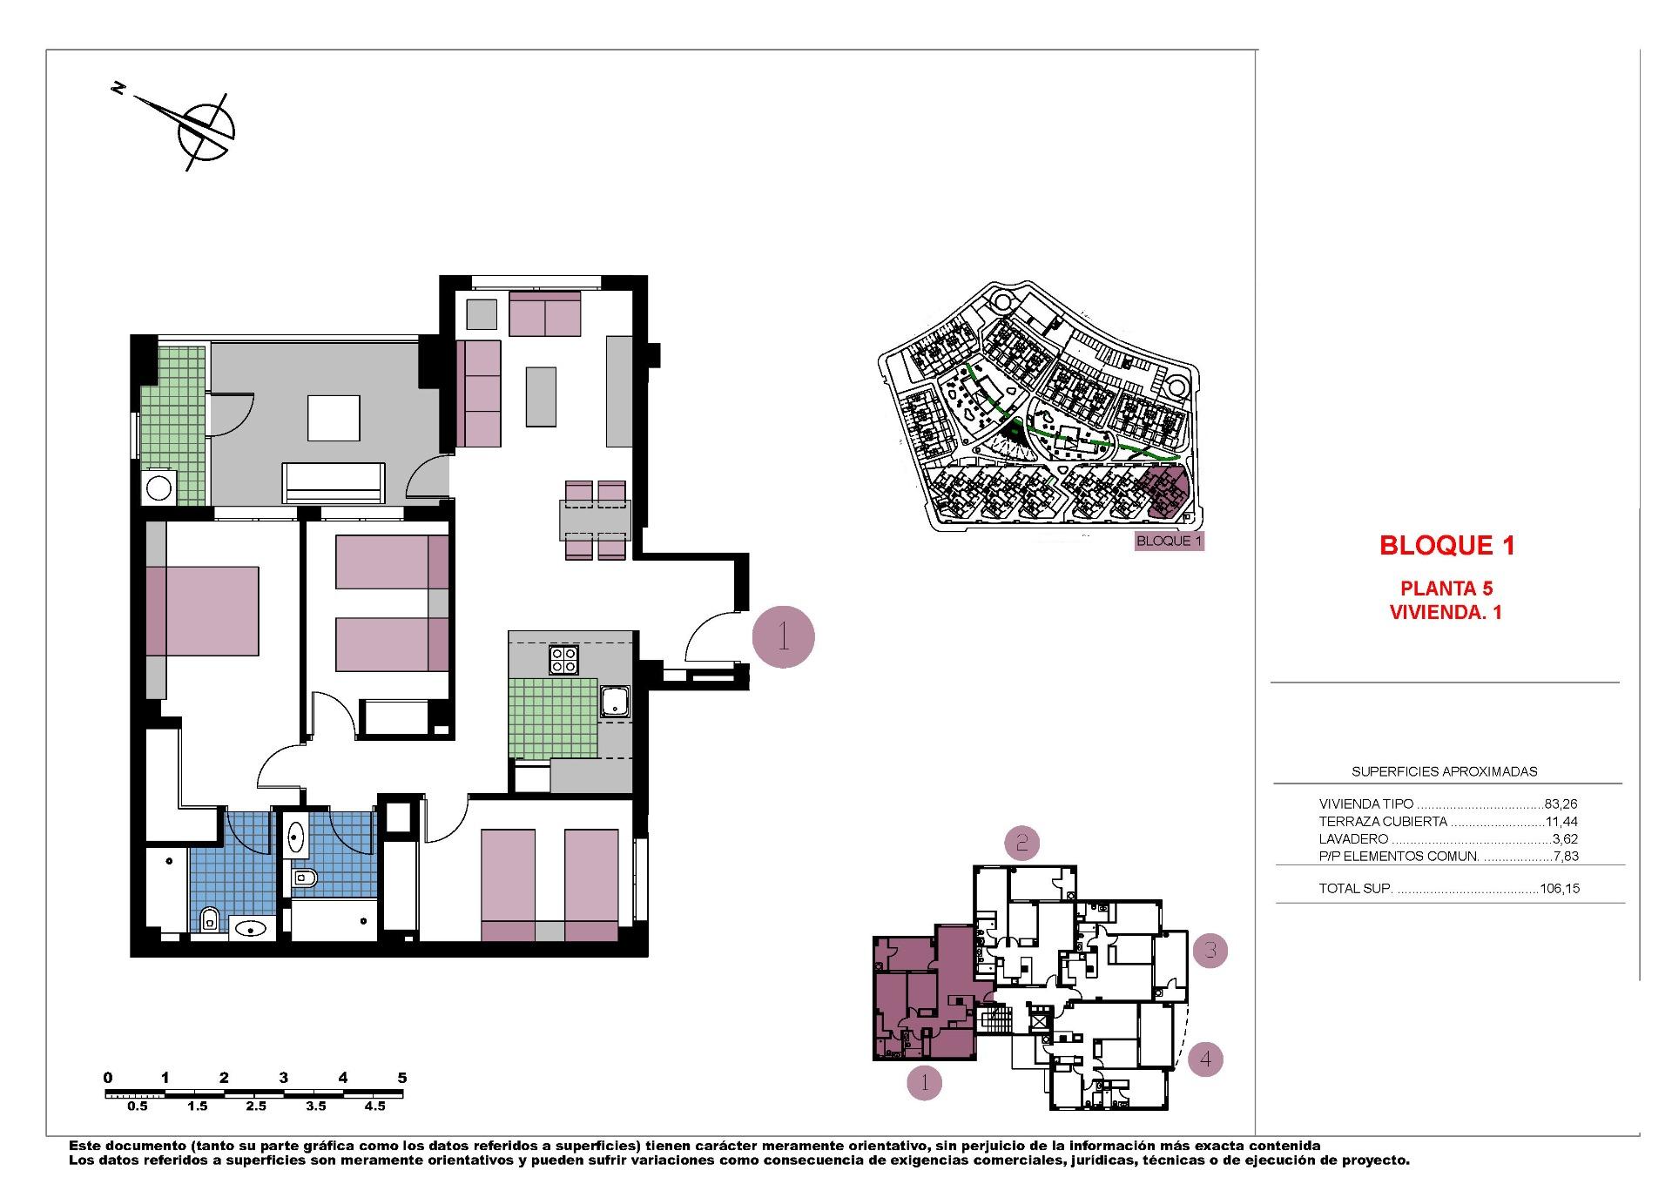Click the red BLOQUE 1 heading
click(x=1446, y=545)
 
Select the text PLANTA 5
click(x=1446, y=589)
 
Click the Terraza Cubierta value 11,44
click(x=1561, y=822)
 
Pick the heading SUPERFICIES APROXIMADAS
click(x=1444, y=771)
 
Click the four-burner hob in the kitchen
click(x=563, y=660)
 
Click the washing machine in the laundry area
click(x=159, y=488)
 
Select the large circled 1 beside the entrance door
click(x=783, y=637)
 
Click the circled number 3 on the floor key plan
click(x=1210, y=950)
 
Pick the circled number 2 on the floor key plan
click(x=1022, y=842)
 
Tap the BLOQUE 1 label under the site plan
click(x=1169, y=541)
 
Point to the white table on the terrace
click(x=334, y=418)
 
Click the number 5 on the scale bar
click(x=401, y=1078)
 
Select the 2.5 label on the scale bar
click(x=255, y=1106)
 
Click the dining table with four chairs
click(x=595, y=521)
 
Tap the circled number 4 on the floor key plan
click(x=1205, y=1059)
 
